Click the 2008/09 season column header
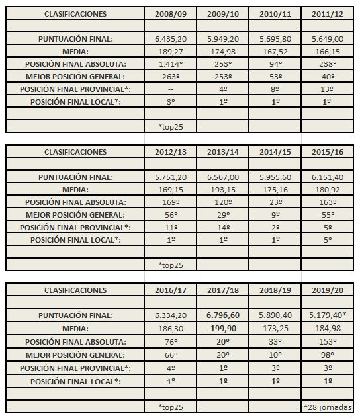(x=170, y=13)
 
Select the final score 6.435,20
(x=170, y=39)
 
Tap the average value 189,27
(x=170, y=52)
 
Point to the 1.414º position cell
(x=170, y=64)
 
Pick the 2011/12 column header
(x=328, y=13)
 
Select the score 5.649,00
(x=328, y=39)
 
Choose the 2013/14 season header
(x=223, y=151)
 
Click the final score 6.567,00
(x=223, y=177)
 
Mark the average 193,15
(x=223, y=190)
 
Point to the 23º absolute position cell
(x=275, y=202)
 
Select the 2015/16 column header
(x=328, y=151)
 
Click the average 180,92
(x=328, y=190)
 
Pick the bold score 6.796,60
(x=223, y=315)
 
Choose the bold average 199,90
(x=223, y=328)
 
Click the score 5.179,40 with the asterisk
(x=328, y=315)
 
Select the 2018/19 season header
(x=275, y=290)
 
